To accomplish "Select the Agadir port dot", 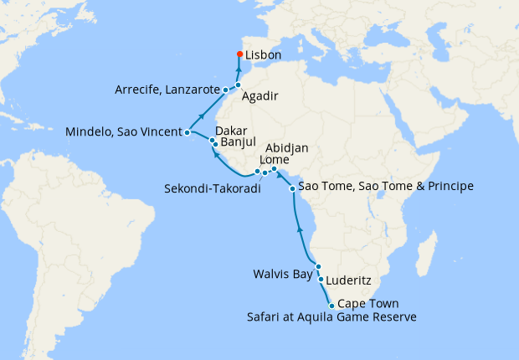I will coord(239,85).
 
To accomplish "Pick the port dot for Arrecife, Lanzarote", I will coord(226,89).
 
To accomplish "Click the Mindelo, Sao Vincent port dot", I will coord(188,132).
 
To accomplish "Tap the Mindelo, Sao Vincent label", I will coord(124,132).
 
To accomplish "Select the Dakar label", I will coord(232,131).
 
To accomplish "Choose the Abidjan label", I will coord(288,148).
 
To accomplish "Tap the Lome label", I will coord(275,160).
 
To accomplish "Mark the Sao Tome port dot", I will coord(292,188).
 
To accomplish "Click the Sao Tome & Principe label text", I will coord(386,186).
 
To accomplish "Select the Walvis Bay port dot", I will coord(318,267).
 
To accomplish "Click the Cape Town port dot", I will coord(332,306).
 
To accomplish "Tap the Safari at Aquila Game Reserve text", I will coord(331,317).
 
